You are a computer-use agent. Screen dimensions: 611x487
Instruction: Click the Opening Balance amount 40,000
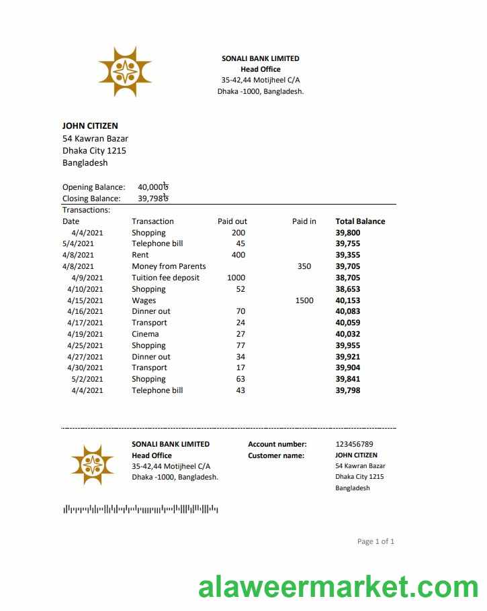click(152, 187)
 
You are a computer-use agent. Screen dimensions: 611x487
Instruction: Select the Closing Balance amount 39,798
click(152, 199)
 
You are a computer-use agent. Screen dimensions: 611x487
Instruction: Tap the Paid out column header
click(232, 221)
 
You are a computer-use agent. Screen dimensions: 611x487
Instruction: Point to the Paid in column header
click(304, 221)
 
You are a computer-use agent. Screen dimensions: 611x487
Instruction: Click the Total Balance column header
click(360, 221)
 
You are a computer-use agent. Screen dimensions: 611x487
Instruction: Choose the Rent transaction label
click(140, 255)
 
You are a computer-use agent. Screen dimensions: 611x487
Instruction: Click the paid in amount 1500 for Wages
click(304, 300)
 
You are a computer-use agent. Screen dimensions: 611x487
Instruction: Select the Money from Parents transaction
click(169, 266)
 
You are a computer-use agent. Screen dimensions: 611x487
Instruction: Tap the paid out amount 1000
click(236, 278)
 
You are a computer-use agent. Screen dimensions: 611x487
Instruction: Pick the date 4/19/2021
click(85, 334)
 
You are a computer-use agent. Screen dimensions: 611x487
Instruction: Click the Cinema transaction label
click(145, 334)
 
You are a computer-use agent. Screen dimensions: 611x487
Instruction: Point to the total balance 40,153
click(347, 300)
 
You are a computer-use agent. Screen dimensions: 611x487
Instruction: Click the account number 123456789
click(354, 444)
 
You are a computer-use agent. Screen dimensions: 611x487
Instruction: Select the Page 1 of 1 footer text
click(375, 541)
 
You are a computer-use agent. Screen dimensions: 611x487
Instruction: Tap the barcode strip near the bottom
click(140, 510)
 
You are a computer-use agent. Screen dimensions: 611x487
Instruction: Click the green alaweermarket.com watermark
click(338, 587)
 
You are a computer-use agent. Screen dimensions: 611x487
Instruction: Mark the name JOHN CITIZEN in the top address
click(90, 125)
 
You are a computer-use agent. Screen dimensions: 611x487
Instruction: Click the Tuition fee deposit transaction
click(165, 278)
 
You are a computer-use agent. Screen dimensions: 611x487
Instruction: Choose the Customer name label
click(276, 455)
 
